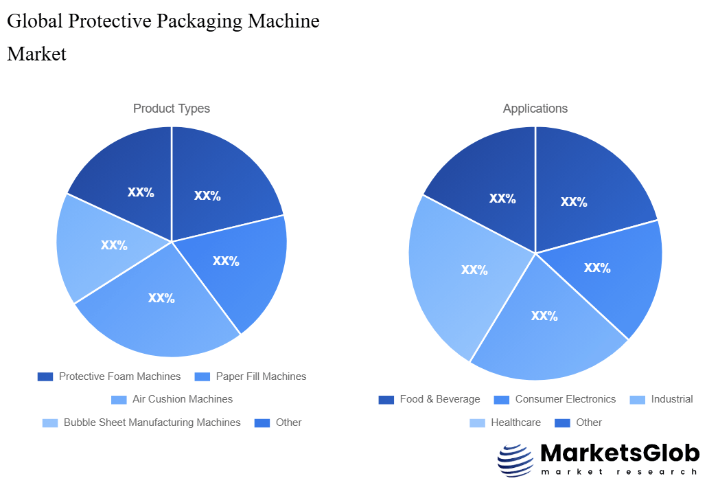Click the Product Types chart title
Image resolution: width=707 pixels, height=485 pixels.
click(172, 109)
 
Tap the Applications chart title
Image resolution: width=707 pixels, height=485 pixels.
click(535, 109)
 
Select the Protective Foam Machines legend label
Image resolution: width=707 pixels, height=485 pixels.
click(119, 376)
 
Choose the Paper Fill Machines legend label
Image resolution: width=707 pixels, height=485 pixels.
click(261, 376)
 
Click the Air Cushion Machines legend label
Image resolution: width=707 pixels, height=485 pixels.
click(183, 399)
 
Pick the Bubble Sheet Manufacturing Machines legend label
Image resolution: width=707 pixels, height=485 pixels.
click(152, 422)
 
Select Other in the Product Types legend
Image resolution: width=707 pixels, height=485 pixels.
click(288, 422)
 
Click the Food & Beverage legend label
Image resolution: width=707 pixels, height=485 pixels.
click(440, 399)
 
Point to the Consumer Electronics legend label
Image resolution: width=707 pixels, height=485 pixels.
click(566, 399)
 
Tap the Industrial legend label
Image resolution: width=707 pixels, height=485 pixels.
click(672, 399)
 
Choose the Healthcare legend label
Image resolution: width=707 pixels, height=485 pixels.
click(515, 422)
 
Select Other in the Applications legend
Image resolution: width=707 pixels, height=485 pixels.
click(589, 422)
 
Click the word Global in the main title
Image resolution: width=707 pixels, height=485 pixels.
click(34, 21)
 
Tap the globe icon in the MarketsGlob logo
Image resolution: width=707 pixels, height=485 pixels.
click(515, 460)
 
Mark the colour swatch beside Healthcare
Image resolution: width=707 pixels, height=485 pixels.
click(478, 422)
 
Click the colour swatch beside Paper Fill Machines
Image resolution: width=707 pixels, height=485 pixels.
click(202, 376)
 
